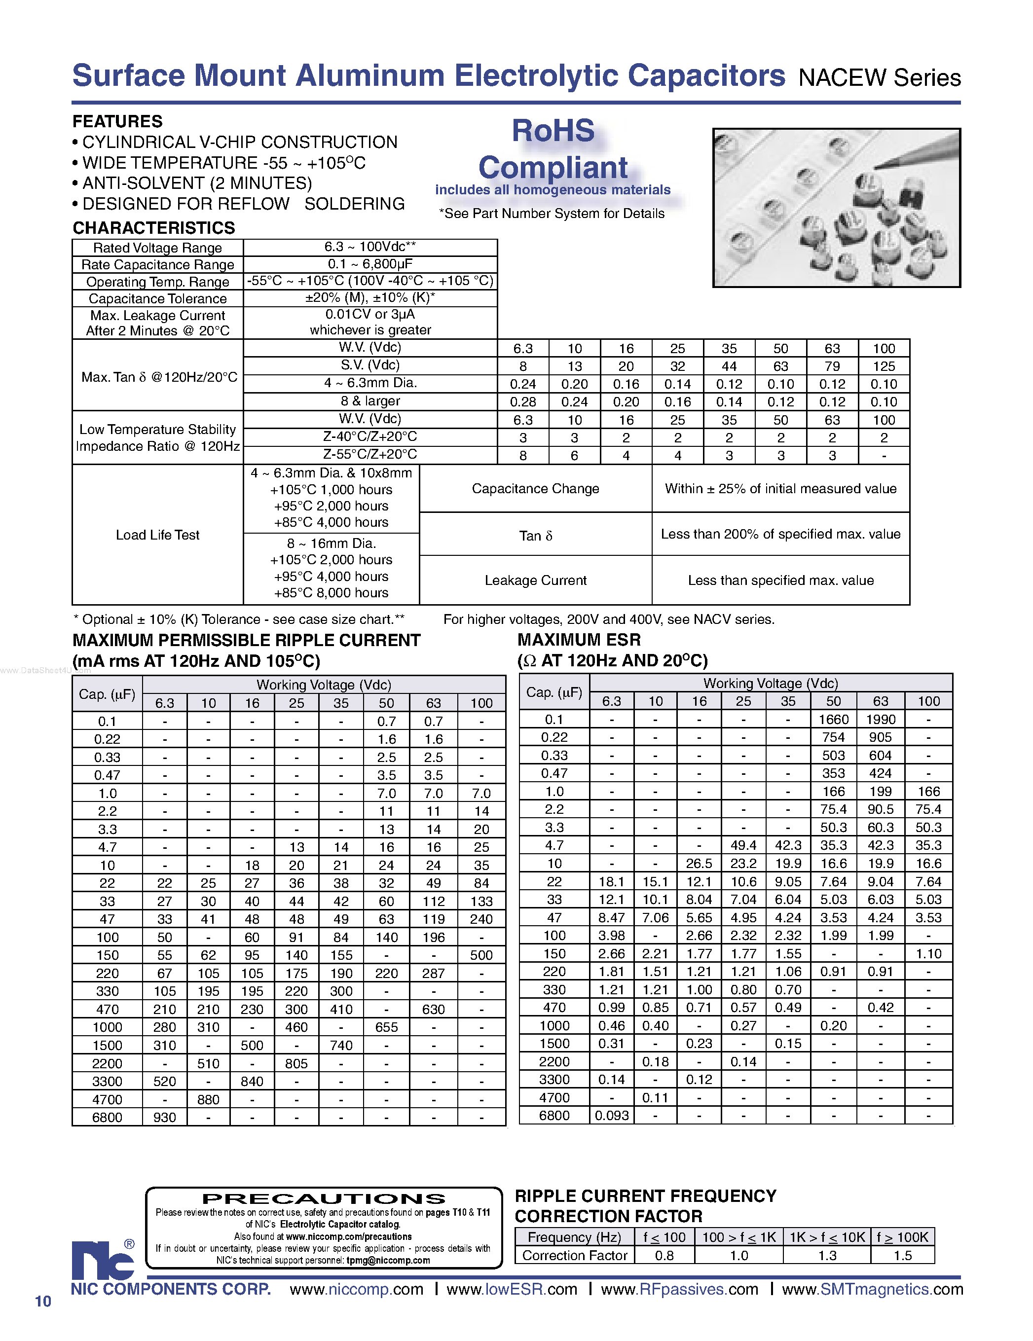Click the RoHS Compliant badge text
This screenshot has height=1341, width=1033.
pyautogui.click(x=553, y=150)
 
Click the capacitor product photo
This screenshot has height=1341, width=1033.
pyautogui.click(x=837, y=208)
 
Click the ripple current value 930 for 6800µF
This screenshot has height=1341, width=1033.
pyautogui.click(x=165, y=1118)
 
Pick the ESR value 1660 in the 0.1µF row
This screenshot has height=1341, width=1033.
pyautogui.click(x=833, y=719)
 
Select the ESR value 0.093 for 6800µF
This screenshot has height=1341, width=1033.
pyautogui.click(x=612, y=1116)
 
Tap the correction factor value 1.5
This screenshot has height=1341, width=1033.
pyautogui.click(x=902, y=1255)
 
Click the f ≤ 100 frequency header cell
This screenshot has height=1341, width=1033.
pyautogui.click(x=664, y=1236)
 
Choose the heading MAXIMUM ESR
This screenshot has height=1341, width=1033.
pyautogui.click(x=579, y=640)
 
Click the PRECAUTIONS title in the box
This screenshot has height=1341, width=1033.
pyautogui.click(x=324, y=1198)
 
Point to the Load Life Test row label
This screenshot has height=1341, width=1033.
pyautogui.click(x=157, y=535)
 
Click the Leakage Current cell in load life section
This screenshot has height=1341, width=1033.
pyautogui.click(x=536, y=580)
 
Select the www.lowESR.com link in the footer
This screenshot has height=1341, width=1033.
pyautogui.click(x=512, y=1289)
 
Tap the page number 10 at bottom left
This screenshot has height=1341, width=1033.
pyautogui.click(x=43, y=1301)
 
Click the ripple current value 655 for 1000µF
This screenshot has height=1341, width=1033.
pyautogui.click(x=386, y=1027)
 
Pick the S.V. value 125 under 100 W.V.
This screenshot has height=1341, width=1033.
pyautogui.click(x=884, y=366)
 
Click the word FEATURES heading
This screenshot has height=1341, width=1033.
pyautogui.click(x=117, y=122)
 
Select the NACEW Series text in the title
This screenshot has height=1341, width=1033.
pyautogui.click(x=879, y=78)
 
